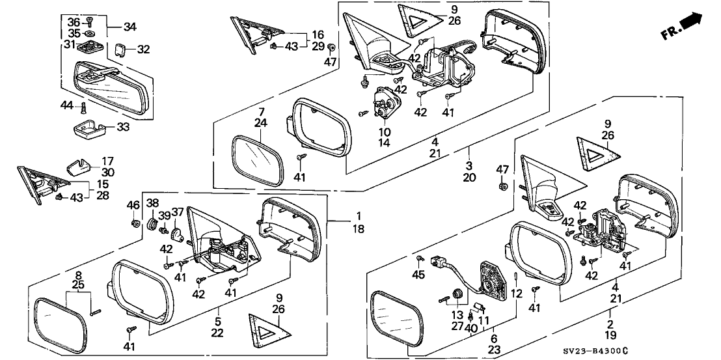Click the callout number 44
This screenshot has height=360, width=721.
coord(67,105)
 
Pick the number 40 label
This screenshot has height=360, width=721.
coord(471,328)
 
